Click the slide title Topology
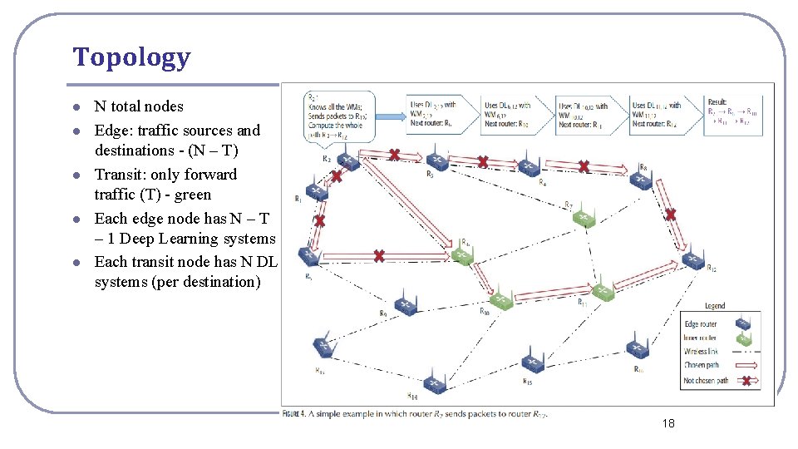[x=131, y=57]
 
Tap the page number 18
[x=668, y=424]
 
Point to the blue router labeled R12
[x=692, y=260]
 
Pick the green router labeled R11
[x=602, y=290]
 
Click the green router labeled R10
[x=500, y=300]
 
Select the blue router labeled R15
[x=532, y=363]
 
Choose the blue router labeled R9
[x=406, y=307]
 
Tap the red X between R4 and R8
[x=584, y=166]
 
